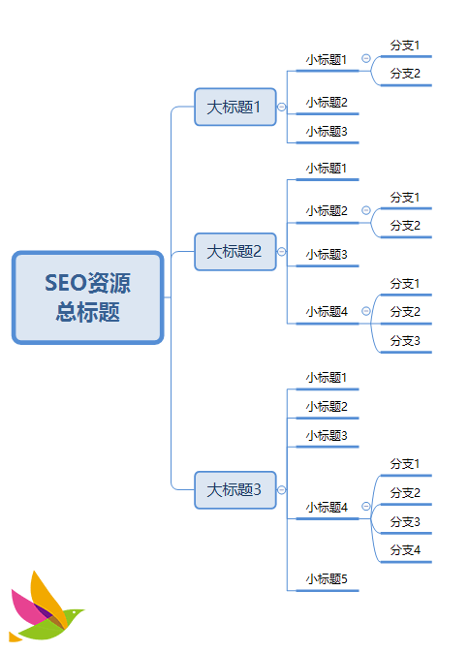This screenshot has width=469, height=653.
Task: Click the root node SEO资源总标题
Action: pyautogui.click(x=87, y=297)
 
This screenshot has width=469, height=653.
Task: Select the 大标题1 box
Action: pyautogui.click(x=234, y=107)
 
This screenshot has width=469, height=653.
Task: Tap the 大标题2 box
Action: pyautogui.click(x=234, y=252)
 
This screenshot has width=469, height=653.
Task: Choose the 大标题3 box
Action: pyautogui.click(x=234, y=489)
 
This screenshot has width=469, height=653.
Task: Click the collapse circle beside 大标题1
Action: pyautogui.click(x=282, y=108)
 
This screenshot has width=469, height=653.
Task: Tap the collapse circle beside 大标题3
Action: pyautogui.click(x=282, y=490)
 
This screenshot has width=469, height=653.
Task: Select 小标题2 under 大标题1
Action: pyautogui.click(x=327, y=103)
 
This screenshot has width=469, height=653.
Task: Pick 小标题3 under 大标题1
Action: pyautogui.click(x=327, y=132)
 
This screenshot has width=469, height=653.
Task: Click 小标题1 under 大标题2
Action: pyautogui.click(x=327, y=169)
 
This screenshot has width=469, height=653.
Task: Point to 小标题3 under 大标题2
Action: pyautogui.click(x=327, y=255)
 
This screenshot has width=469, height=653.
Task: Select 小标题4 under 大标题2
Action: pyautogui.click(x=327, y=312)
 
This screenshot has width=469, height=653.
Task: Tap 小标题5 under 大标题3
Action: pyautogui.click(x=327, y=579)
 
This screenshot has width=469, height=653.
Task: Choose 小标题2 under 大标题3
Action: pyautogui.click(x=327, y=407)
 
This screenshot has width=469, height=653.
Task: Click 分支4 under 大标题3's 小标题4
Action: pyautogui.click(x=405, y=550)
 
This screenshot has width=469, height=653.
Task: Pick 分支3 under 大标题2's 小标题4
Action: pyautogui.click(x=405, y=341)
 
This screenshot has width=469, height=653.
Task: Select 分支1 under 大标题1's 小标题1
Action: pyautogui.click(x=405, y=46)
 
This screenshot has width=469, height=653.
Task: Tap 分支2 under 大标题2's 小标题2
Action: pyautogui.click(x=405, y=226)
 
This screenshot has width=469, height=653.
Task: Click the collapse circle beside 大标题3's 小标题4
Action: pyautogui.click(x=366, y=507)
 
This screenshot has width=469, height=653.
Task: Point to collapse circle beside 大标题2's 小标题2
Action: pyautogui.click(x=366, y=210)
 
